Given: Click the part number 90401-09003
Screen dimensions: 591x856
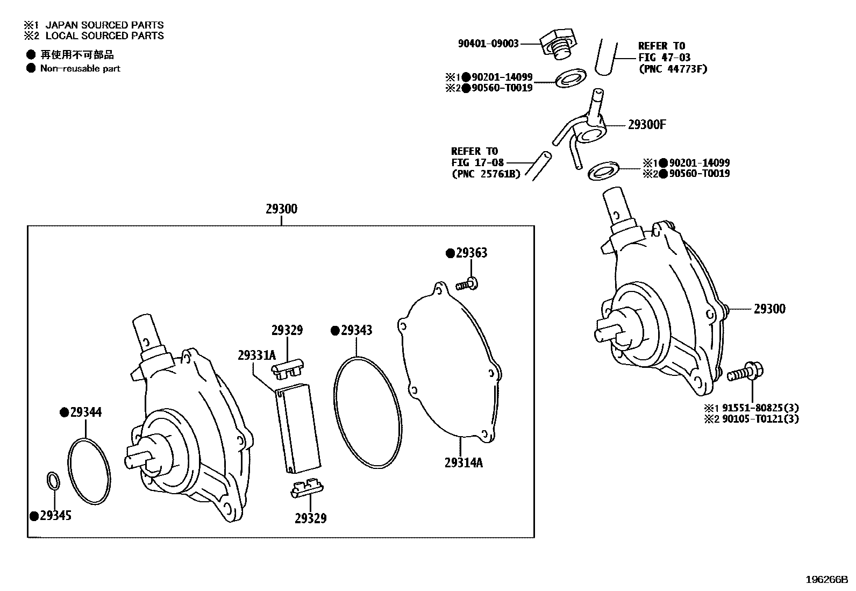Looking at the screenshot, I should click(488, 43).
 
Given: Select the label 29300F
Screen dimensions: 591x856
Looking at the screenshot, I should click(647, 125).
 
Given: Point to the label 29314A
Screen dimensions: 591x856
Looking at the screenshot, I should click(463, 462).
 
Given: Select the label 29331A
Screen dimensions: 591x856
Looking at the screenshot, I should click(256, 355).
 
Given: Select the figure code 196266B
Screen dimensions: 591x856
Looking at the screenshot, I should click(826, 580).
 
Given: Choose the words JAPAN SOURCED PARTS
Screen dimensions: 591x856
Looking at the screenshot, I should click(104, 25).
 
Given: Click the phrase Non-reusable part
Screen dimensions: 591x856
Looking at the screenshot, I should click(80, 68).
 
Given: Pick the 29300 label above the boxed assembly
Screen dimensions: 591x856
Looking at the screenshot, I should click(281, 209).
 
